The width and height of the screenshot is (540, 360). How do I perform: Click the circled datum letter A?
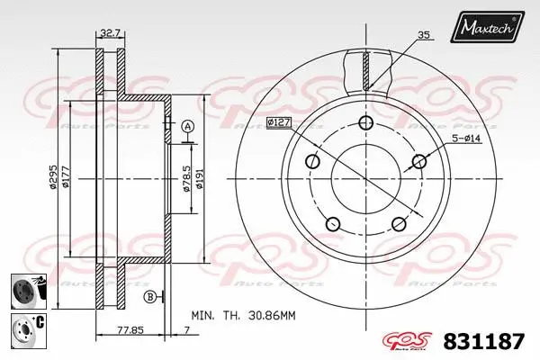click(187, 126)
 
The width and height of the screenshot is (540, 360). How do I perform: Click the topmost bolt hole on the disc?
click(364, 124)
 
